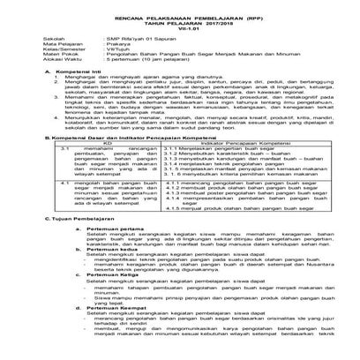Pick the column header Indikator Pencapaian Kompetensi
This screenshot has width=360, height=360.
pyautogui.click(x=221, y=145)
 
